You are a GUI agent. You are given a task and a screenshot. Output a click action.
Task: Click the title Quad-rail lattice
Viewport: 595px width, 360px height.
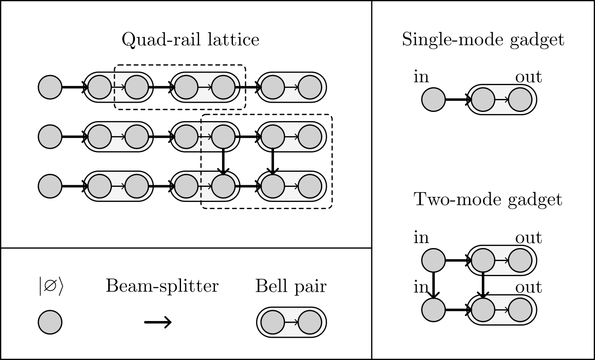[190, 40]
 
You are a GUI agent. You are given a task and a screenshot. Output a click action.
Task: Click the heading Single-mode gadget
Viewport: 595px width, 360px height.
[483, 40]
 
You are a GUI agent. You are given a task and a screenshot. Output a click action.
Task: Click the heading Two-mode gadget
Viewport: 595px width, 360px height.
[488, 199]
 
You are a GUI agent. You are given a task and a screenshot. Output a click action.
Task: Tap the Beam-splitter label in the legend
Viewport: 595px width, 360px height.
[162, 286]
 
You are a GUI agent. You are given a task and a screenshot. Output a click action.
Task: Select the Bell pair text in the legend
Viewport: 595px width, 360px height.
[291, 286]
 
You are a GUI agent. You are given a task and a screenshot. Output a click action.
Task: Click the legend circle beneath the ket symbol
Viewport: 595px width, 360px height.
[50, 322]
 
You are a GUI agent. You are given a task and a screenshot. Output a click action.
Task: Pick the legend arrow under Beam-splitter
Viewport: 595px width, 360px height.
[158, 322]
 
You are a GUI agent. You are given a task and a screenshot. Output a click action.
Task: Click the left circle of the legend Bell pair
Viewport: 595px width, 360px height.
[273, 322]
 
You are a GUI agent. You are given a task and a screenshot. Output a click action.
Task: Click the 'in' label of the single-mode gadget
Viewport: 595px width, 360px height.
[421, 77]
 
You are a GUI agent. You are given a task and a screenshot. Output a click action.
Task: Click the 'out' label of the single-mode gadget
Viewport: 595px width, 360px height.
[528, 77]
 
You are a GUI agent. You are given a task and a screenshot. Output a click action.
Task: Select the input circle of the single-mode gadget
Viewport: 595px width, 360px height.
[433, 100]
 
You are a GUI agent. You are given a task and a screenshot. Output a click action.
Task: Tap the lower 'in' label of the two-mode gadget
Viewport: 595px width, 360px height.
[421, 287]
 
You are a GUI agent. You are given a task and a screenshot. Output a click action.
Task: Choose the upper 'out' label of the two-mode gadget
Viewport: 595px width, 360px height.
[528, 238]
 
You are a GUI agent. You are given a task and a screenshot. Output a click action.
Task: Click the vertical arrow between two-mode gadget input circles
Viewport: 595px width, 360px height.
[433, 285]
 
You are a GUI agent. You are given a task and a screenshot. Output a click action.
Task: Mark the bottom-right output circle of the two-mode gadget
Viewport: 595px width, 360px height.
[520, 311]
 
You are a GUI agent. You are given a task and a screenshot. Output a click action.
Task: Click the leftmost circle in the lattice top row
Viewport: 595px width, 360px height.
[50, 87]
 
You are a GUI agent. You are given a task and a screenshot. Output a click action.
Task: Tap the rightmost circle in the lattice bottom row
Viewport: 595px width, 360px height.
[310, 186]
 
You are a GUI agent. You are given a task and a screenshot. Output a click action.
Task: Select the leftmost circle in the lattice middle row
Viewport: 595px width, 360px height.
[50, 136]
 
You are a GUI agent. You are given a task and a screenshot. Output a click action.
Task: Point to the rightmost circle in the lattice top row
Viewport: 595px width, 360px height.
[310, 87]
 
